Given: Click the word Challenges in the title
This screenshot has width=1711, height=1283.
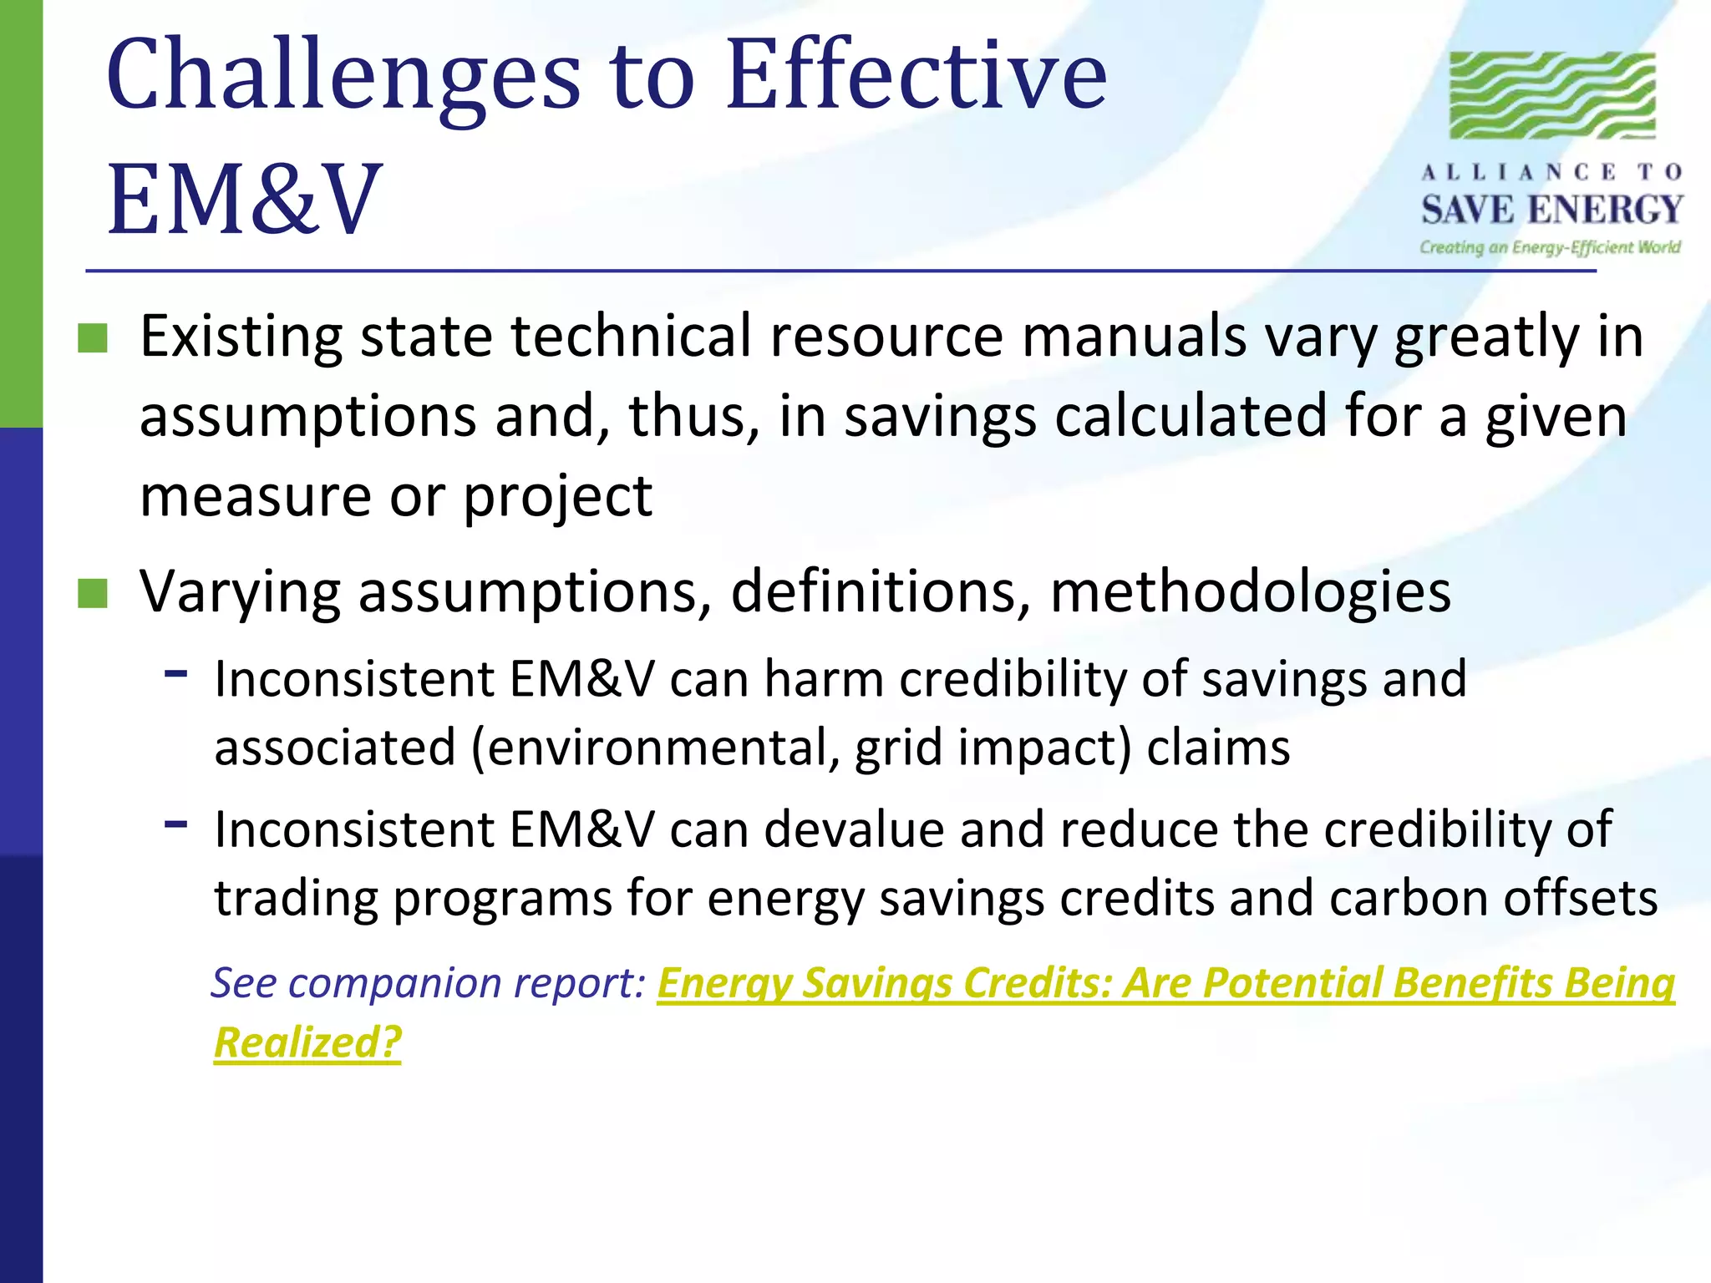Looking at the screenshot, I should [343, 77].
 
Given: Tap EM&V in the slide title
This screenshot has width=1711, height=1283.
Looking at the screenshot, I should [244, 200].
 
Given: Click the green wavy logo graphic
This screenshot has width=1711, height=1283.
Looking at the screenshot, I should [1551, 95].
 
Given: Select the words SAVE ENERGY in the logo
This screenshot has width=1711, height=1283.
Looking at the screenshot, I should [1551, 210].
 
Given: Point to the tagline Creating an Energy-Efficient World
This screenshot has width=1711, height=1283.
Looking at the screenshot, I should [1550, 247].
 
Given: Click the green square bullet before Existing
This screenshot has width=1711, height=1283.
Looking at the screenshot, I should [93, 338].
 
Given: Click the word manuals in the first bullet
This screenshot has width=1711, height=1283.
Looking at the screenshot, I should [1134, 337].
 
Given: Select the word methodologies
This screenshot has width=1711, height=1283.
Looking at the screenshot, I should [1250, 591].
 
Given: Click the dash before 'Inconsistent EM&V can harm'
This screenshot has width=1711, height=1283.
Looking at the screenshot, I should [176, 672].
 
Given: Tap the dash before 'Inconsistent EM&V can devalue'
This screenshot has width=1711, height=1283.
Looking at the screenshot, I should [176, 824].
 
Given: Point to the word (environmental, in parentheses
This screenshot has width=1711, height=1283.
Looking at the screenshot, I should [655, 748].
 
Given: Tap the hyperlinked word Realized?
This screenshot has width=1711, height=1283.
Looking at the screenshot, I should [307, 1042].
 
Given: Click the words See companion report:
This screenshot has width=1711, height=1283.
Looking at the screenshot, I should [428, 983].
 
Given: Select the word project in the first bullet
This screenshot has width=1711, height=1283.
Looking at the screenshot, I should [557, 497].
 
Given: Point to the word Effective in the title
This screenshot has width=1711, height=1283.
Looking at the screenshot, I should [916, 77].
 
